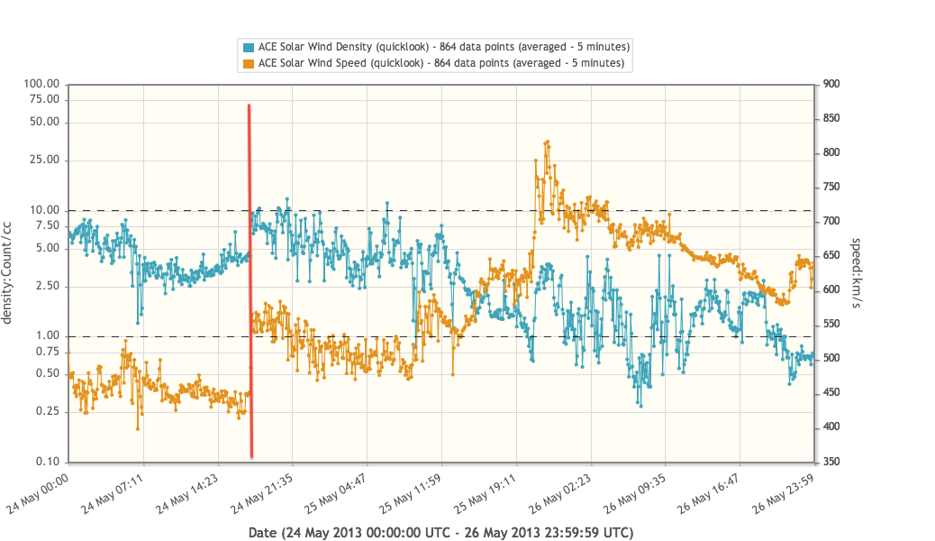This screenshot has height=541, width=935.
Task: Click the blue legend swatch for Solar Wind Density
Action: (249, 46)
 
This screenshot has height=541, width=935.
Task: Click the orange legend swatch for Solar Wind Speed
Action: (249, 63)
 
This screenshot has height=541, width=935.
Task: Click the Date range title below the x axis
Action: (440, 533)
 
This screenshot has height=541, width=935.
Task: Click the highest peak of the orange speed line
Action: (547, 142)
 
